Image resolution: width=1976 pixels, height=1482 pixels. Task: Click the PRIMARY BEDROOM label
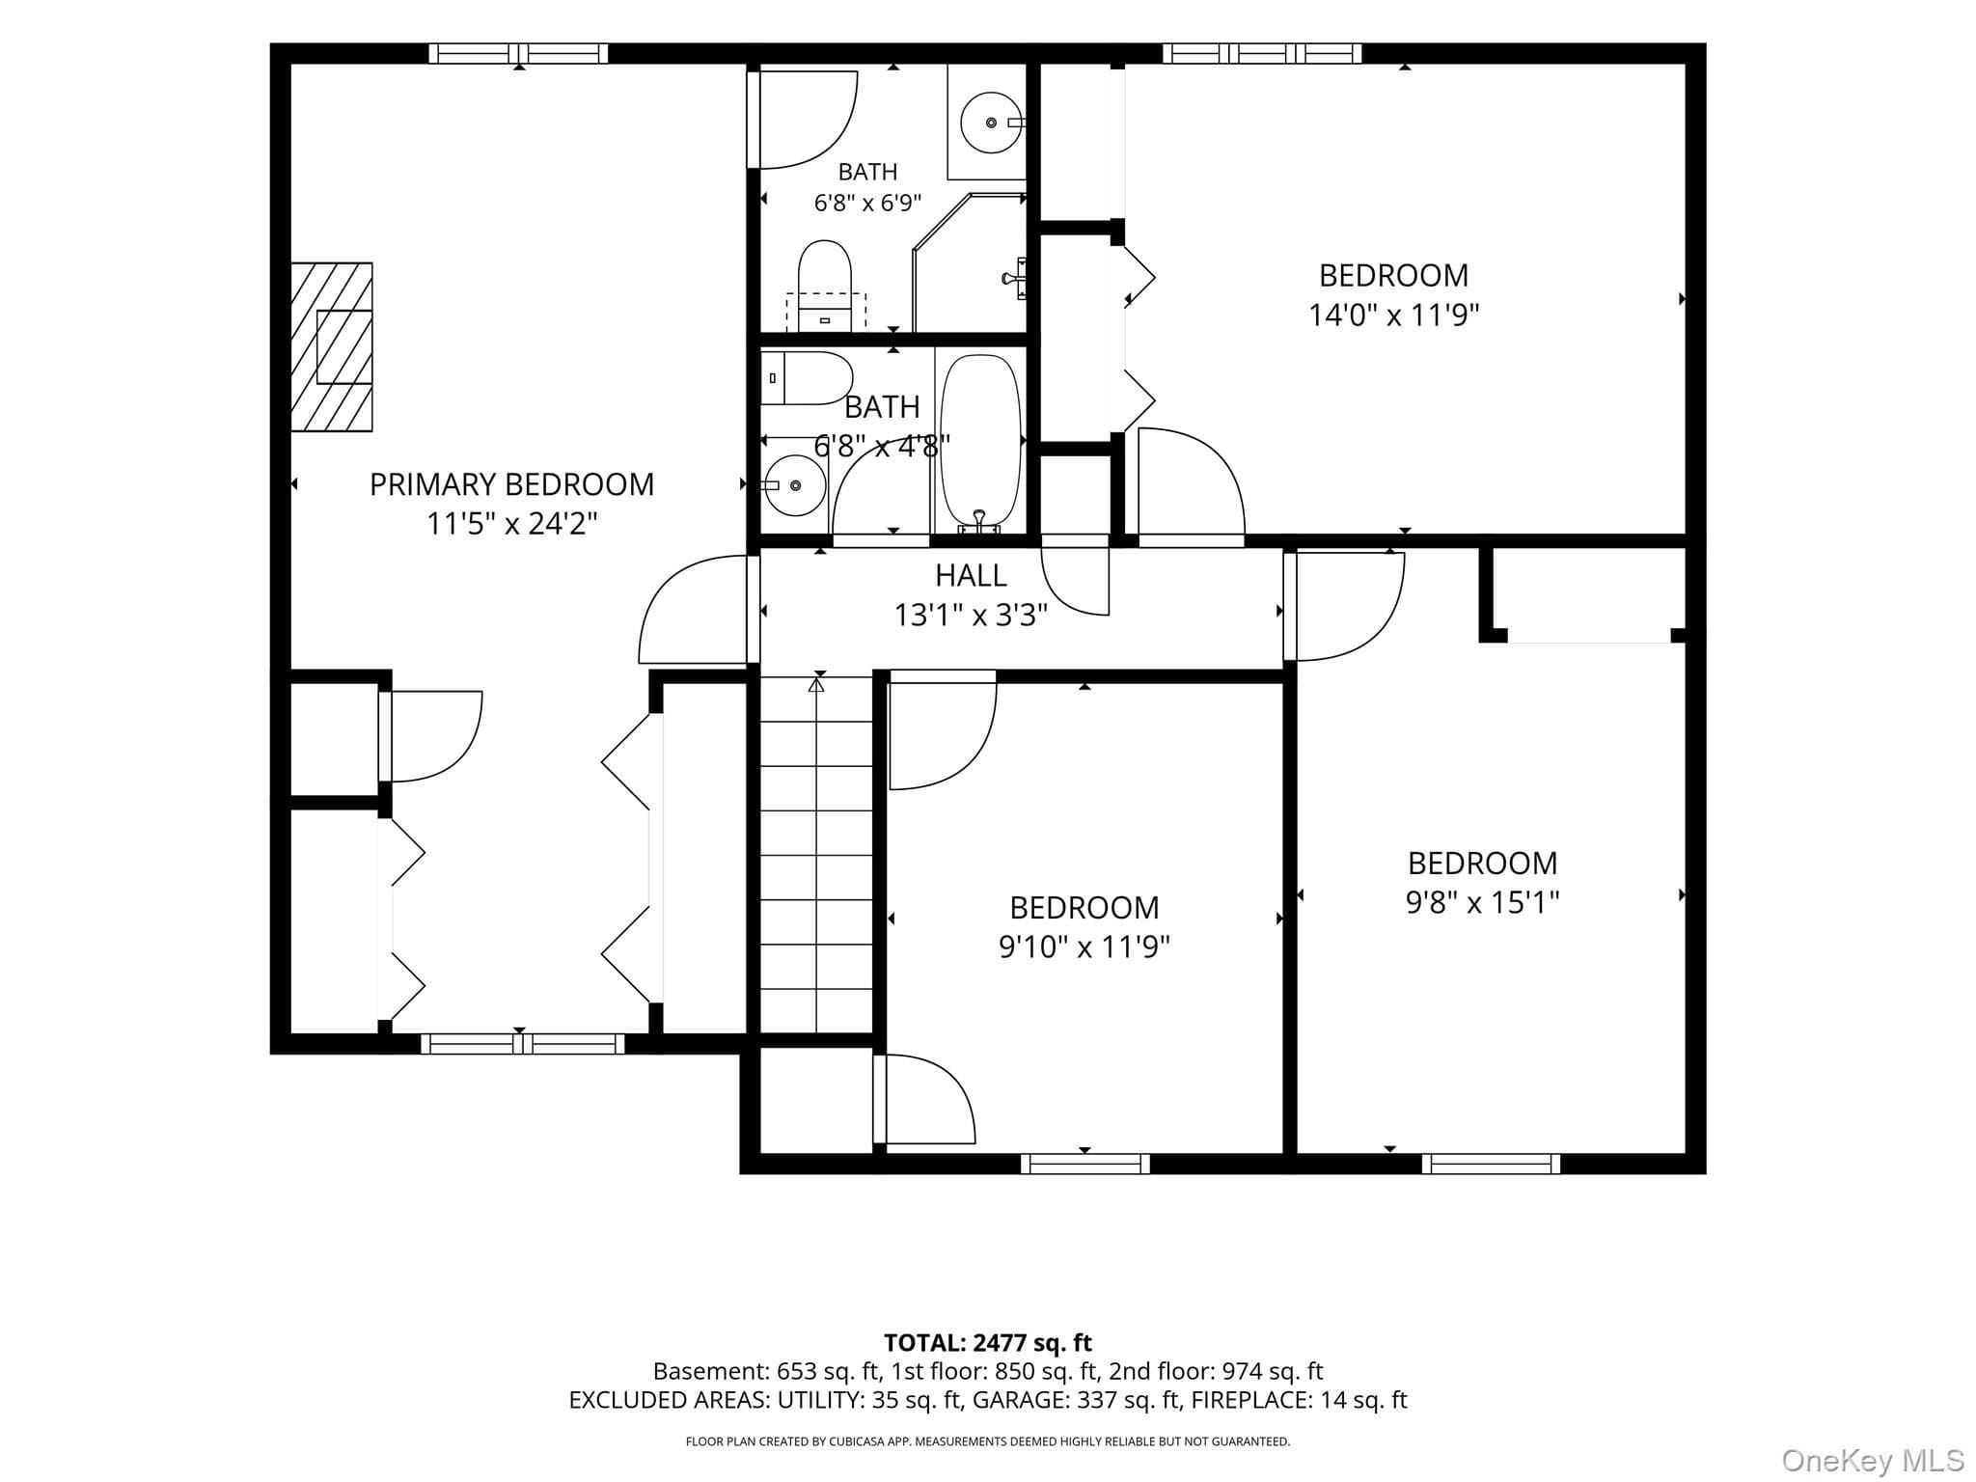point(511,484)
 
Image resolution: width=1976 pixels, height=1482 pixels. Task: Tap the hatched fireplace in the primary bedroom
point(332,347)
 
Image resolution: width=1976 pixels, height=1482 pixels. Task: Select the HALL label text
point(971,575)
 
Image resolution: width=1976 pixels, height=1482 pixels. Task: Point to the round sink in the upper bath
point(991,123)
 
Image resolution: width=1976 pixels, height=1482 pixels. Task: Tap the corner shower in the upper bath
point(969,262)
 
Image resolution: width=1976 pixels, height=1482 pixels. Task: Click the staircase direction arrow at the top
point(817,686)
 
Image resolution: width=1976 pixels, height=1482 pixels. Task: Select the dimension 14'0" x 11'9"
point(1393,316)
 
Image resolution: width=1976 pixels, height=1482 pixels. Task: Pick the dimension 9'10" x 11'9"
point(1084,947)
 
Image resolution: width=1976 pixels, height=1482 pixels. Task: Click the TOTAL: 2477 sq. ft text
point(988,1343)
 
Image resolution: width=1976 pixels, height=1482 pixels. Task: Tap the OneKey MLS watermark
point(1872,1461)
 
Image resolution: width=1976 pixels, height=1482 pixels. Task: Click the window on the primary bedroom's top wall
point(519,53)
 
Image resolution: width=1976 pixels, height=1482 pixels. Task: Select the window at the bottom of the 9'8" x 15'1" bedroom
point(1491,1164)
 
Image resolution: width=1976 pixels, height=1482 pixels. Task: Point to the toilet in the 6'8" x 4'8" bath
point(807,378)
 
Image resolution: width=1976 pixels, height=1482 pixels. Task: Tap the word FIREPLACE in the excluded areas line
point(1247,1400)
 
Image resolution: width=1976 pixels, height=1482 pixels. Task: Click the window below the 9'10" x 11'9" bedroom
point(1085,1164)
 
